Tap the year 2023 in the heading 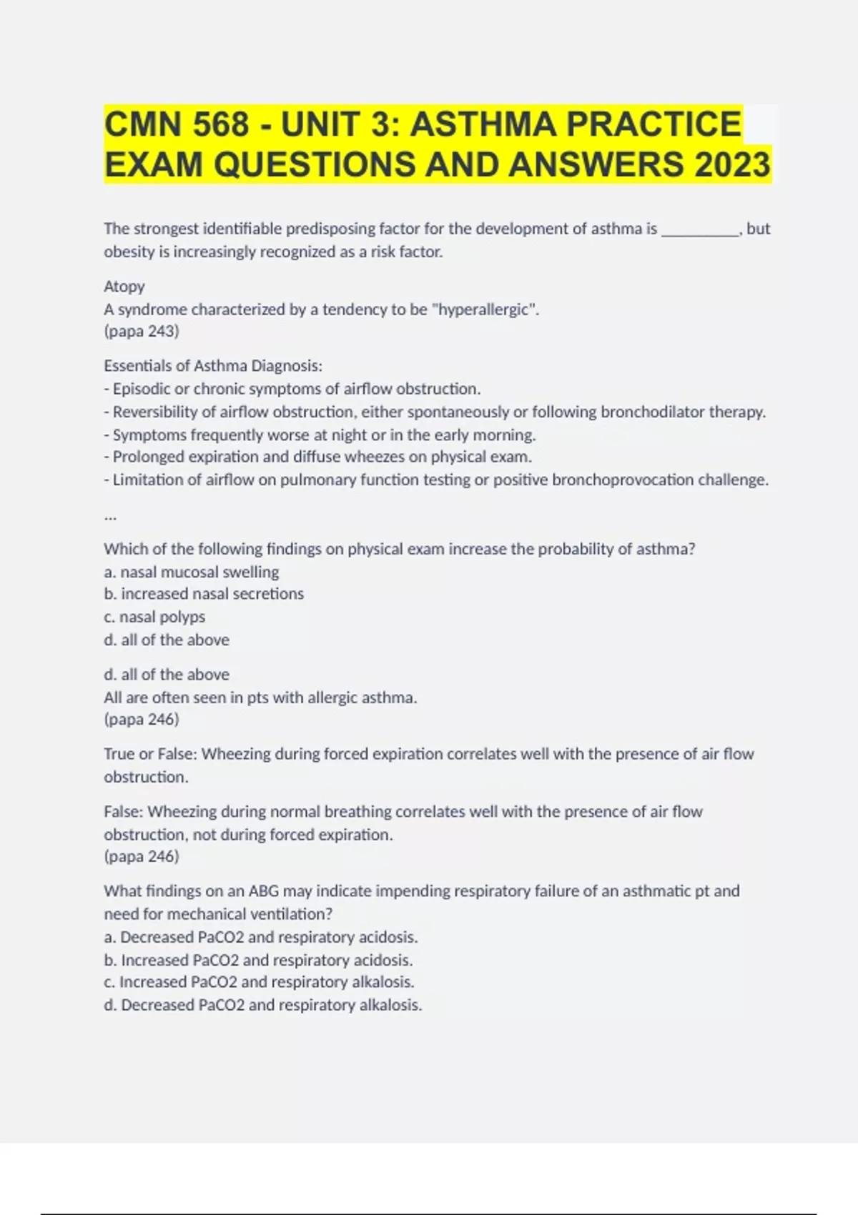pos(731,164)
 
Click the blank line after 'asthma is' pos(701,230)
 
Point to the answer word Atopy pos(124,287)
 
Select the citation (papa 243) pos(142,332)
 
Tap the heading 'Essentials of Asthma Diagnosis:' pos(213,366)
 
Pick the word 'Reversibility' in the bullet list pos(155,412)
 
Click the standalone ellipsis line pos(110,516)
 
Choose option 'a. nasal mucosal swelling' pos(192,572)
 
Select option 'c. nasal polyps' pos(154,617)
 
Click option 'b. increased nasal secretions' pos(204,594)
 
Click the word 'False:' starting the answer pos(124,812)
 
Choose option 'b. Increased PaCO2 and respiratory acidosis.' pos(259,960)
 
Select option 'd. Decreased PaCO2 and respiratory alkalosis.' pos(263,1005)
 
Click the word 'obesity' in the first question pos(127,252)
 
